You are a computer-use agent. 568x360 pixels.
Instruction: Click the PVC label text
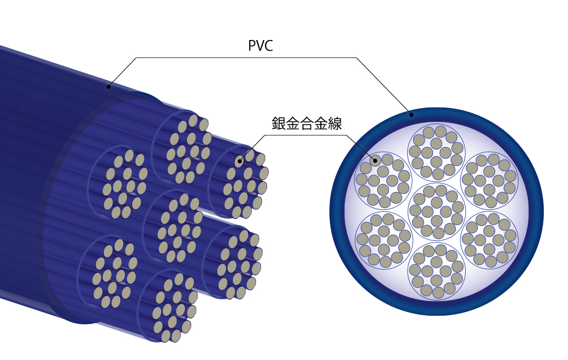click(260, 45)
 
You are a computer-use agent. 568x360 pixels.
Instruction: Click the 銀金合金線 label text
click(307, 124)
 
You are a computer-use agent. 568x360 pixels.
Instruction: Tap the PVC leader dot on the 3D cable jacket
click(109, 86)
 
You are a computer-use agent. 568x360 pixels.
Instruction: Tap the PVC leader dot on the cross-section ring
click(411, 114)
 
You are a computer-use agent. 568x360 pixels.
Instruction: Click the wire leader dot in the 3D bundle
click(240, 161)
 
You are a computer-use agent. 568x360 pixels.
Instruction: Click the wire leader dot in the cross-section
click(375, 161)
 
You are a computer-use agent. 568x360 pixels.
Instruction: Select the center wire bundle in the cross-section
click(436, 212)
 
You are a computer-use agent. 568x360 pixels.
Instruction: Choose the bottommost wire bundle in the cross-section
click(436, 271)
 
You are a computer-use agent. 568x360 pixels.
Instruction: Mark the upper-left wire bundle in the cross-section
click(384, 181)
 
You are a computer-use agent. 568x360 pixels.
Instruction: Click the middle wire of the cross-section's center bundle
click(437, 212)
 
